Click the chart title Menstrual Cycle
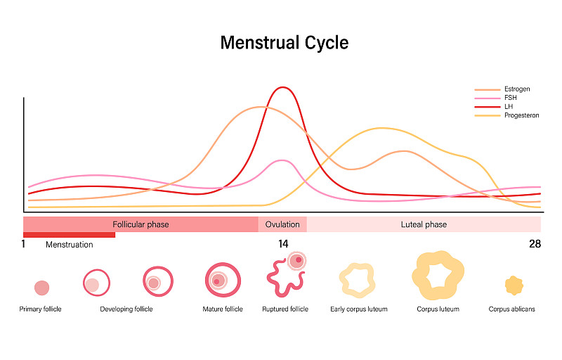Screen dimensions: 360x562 pyautogui.click(x=284, y=42)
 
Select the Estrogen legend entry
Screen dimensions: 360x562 pyautogui.click(x=516, y=89)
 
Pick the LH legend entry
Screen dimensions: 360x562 pyautogui.click(x=509, y=106)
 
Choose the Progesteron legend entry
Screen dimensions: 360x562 pyautogui.click(x=521, y=115)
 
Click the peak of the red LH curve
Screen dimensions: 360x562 pyautogui.click(x=282, y=88)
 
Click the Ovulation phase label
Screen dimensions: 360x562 pyautogui.click(x=282, y=224)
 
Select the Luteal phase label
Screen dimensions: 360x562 pyautogui.click(x=424, y=224)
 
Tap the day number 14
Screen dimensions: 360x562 pyautogui.click(x=282, y=244)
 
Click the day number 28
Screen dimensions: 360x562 pyautogui.click(x=535, y=244)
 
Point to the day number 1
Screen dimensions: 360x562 pyautogui.click(x=23, y=244)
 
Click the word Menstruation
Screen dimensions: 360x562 pyautogui.click(x=69, y=245)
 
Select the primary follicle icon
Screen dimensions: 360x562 pyautogui.click(x=42, y=288)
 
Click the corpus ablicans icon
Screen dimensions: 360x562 pyautogui.click(x=514, y=285)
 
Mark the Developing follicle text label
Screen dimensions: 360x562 pyautogui.click(x=126, y=309)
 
